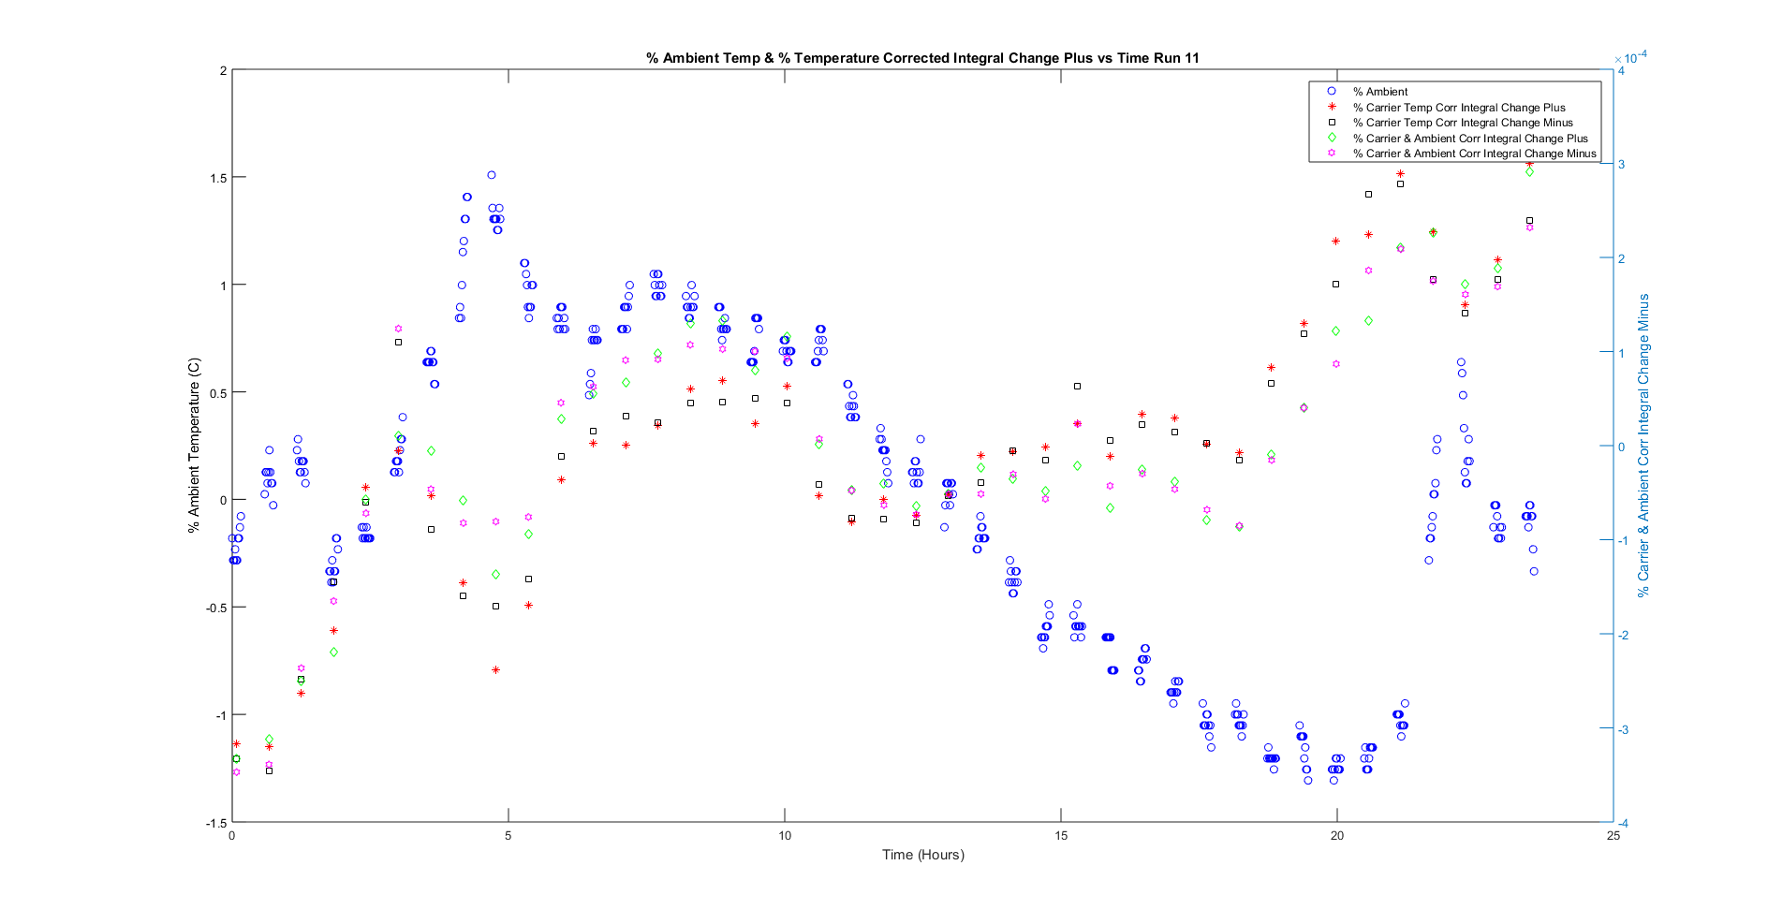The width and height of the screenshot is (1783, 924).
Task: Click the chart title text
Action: click(922, 58)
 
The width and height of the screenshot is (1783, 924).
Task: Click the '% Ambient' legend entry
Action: click(1379, 92)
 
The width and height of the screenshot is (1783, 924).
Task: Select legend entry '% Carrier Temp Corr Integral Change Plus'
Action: click(1458, 108)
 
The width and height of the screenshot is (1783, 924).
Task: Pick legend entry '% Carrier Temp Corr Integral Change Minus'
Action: click(1462, 123)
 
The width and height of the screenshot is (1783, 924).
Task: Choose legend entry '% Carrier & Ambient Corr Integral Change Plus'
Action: click(1469, 139)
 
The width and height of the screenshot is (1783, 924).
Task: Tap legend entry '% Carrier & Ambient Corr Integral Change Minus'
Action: click(1473, 154)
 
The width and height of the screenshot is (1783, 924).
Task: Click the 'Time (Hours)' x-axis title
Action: click(922, 854)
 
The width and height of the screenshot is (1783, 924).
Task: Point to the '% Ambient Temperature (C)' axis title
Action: click(194, 446)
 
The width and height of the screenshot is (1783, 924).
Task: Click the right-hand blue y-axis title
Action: click(1643, 446)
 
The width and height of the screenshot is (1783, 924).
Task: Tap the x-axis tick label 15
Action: click(1060, 836)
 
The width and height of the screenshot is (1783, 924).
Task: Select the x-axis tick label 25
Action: click(1613, 836)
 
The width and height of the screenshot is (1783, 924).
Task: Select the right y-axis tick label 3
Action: click(1622, 165)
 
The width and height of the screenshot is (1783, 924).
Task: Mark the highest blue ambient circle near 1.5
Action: click(492, 175)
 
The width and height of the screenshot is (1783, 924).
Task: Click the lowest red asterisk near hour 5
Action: click(495, 670)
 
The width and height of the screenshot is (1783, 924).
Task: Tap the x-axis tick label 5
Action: click(508, 836)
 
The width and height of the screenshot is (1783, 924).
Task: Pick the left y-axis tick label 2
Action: click(223, 71)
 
